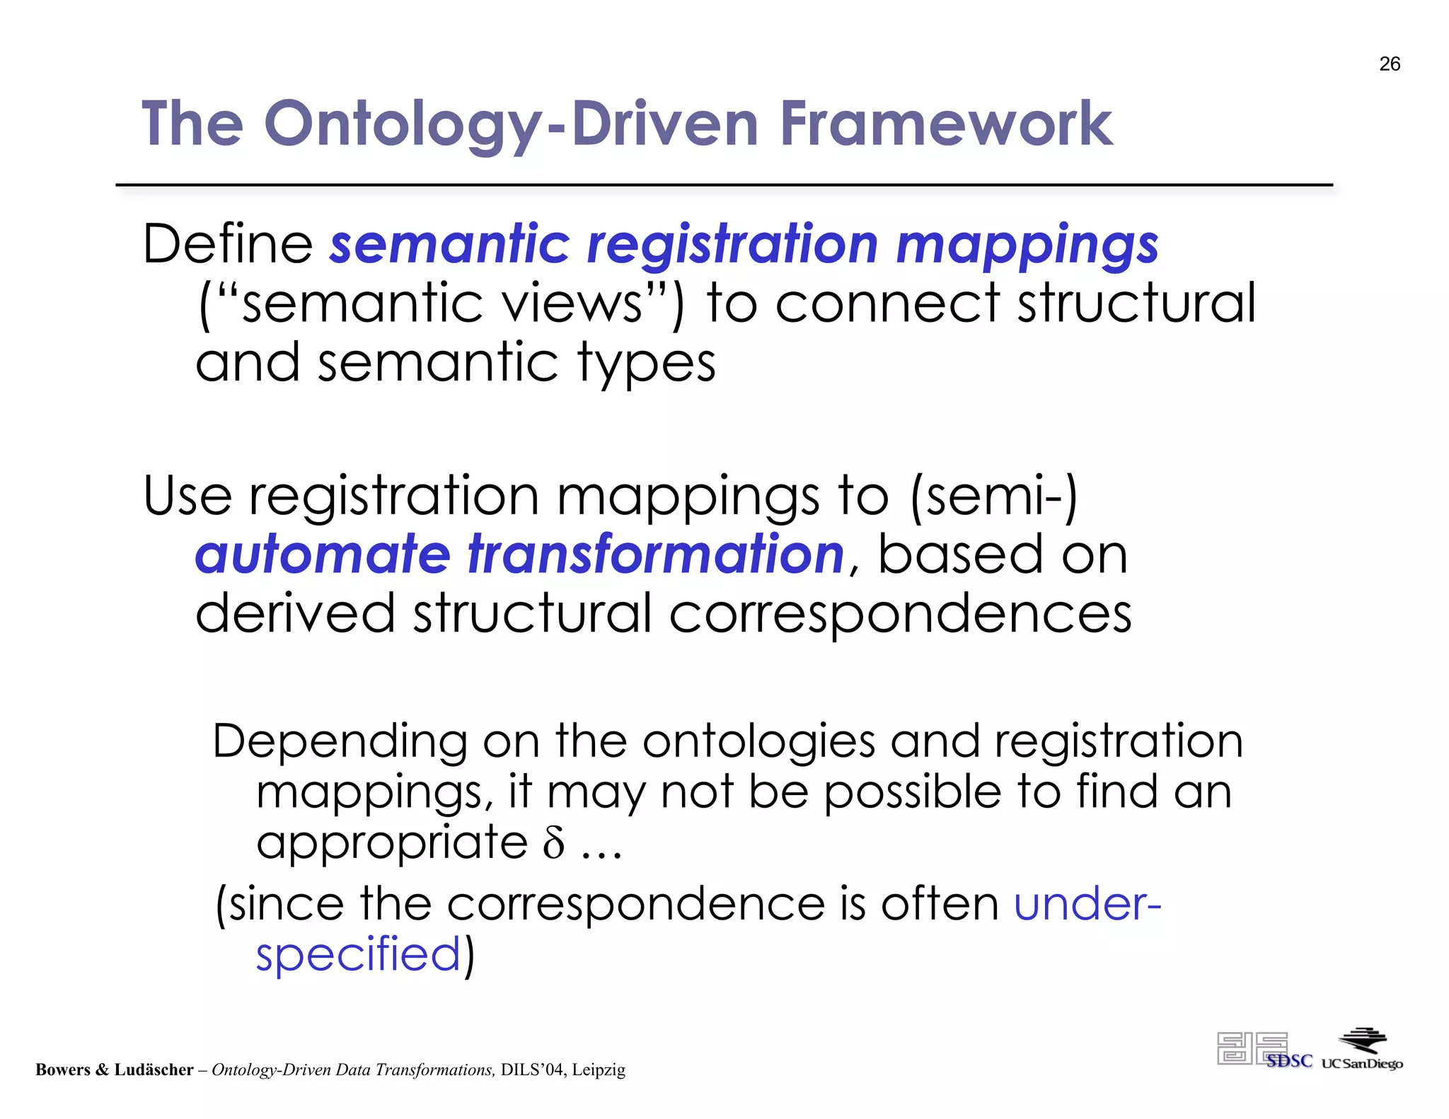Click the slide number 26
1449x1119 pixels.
[1389, 64]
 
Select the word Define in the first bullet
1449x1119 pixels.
[227, 244]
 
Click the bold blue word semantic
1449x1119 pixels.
[449, 244]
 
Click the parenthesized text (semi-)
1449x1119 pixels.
[994, 497]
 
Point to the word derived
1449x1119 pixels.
[294, 613]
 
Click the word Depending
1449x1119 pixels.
[340, 743]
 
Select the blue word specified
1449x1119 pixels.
[358, 955]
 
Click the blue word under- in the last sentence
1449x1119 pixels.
[1087, 904]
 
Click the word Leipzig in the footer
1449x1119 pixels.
[599, 1069]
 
